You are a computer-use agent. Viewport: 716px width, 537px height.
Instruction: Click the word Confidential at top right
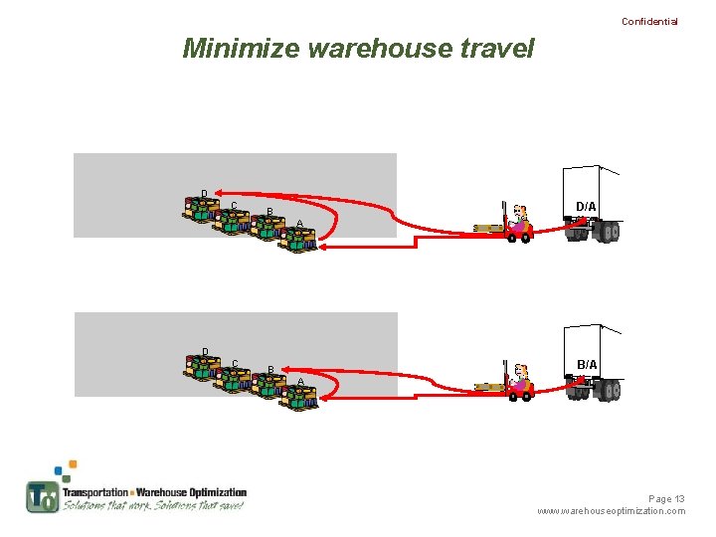649,21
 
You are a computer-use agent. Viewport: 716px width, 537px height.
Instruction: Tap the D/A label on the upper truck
587,207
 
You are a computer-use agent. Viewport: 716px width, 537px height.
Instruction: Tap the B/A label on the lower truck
587,365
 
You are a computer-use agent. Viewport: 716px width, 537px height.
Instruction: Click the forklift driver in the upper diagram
519,221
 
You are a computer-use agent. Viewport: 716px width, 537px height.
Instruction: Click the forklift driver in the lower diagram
519,379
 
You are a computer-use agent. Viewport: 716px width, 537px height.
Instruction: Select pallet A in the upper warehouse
297,239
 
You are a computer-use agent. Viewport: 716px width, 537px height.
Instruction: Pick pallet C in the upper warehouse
232,220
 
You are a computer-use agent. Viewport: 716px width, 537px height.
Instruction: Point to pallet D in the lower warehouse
201,367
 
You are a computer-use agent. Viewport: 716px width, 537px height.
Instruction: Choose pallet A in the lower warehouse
297,397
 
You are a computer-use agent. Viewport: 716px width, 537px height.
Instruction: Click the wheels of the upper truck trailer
606,233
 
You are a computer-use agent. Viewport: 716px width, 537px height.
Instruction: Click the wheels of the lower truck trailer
606,391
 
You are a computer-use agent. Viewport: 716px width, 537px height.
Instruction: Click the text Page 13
666,498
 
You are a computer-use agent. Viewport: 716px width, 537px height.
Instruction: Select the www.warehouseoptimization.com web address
611,511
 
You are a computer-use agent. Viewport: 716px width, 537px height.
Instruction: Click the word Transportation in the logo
95,492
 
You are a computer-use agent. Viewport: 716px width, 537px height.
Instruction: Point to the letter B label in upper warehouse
269,211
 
